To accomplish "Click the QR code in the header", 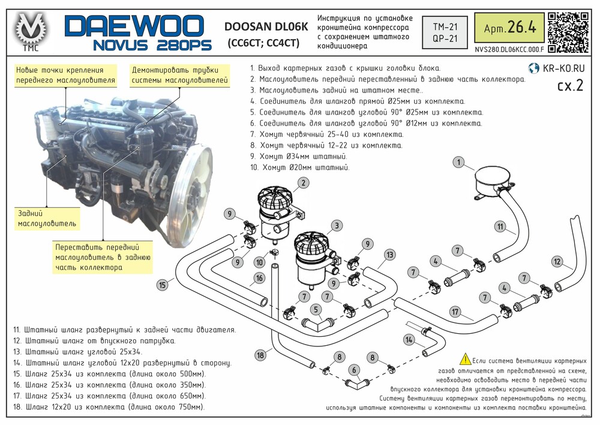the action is (568, 32).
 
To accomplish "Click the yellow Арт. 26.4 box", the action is (509, 28).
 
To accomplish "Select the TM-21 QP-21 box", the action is (445, 32).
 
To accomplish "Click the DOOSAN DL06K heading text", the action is (266, 27).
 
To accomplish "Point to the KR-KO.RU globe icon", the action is (533, 68).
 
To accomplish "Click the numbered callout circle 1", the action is (458, 162).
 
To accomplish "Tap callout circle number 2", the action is (303, 182).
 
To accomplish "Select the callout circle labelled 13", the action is (389, 255).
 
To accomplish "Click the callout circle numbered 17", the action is (455, 312).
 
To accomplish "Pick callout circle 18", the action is (260, 355).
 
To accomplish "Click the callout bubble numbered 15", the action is (163, 285).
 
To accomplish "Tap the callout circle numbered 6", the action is (354, 370).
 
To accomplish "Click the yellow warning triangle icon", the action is (466, 359).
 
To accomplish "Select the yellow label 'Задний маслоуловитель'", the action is (47, 219).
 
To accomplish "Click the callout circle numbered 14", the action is (409, 340).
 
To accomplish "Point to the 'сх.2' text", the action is (570, 85).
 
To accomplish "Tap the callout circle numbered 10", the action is (259, 262).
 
